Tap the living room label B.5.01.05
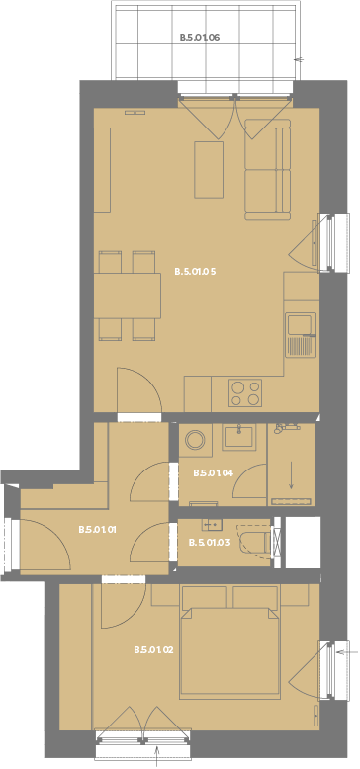coord(195,271)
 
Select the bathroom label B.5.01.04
coord(213,473)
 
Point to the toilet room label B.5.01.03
coord(209,543)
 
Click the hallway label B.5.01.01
coord(97,530)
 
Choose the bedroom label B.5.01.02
coord(153,650)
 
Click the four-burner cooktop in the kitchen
coord(245,392)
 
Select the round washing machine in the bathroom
coord(195,440)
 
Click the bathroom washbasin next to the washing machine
coord(239,438)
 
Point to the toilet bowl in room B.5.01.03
coord(255,542)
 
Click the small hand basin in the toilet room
coord(212,525)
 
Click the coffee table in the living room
coord(209,170)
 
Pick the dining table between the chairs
coord(128,296)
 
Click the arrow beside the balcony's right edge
coord(299,59)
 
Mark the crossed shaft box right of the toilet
coord(277,542)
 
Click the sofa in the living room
coord(268,169)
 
